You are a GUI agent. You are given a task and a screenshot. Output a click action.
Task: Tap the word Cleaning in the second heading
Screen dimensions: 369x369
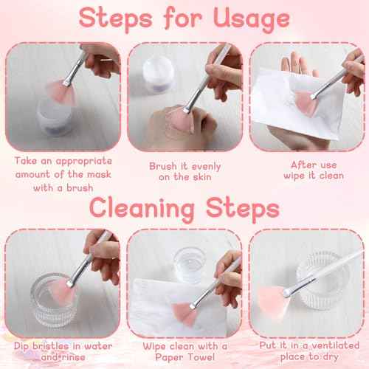[142, 209]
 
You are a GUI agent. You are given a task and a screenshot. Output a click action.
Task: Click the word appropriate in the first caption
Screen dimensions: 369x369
[84, 162]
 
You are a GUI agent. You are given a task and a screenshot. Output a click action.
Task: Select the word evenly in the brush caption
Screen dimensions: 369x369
[206, 167]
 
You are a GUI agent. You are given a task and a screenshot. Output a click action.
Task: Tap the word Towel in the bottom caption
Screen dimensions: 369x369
[201, 357]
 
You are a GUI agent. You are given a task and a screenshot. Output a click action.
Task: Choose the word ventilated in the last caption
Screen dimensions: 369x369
[334, 345]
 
